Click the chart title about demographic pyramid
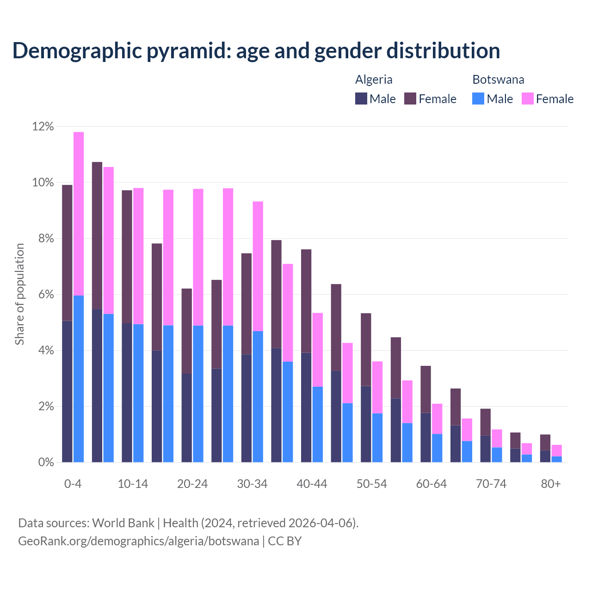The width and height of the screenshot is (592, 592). (256, 51)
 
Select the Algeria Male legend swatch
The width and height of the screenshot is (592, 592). (361, 99)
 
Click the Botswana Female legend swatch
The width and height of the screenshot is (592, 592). (527, 99)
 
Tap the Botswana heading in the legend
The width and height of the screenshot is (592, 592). (498, 80)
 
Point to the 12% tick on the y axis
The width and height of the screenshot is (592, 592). (43, 126)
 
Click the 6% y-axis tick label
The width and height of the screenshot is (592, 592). (43, 295)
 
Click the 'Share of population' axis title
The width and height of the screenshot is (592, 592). (19, 294)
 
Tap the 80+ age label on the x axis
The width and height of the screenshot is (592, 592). (551, 484)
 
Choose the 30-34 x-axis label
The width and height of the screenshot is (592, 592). (252, 484)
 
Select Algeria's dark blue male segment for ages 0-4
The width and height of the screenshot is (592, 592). (67, 391)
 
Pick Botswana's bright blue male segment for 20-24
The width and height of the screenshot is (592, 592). (198, 394)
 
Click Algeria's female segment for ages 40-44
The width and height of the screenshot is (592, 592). (306, 301)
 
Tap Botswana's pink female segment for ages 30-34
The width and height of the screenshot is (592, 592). (258, 266)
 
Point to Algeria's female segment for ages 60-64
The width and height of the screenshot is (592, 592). (425, 389)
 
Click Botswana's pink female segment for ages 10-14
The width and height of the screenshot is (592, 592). (138, 256)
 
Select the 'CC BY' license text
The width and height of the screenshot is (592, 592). (285, 541)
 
